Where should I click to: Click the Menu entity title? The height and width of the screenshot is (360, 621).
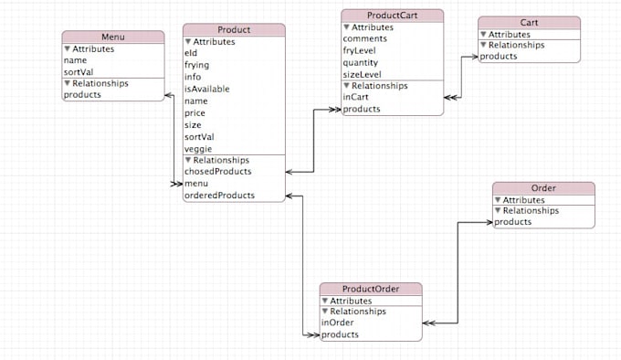pos(113,37)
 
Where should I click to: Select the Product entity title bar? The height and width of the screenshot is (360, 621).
pos(234,30)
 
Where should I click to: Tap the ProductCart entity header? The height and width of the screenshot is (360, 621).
pos(392,15)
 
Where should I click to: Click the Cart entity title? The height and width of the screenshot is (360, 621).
pos(528,22)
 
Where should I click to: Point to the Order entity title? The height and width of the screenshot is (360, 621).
pos(542,188)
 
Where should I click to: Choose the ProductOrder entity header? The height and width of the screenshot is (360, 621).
pos(371,289)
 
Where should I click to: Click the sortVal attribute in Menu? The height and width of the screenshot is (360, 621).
pos(79,71)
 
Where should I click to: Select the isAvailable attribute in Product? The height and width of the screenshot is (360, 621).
pos(206,90)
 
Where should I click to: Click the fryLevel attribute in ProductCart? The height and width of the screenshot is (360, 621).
pos(360,51)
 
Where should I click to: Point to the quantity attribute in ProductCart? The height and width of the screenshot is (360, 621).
pos(361,63)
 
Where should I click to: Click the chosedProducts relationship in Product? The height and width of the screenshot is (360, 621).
pos(217,172)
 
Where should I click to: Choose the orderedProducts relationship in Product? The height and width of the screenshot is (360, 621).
pos(219,196)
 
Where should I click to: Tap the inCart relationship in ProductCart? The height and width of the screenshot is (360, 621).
pos(356,98)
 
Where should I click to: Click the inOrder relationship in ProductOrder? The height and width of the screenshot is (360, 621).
pos(337,323)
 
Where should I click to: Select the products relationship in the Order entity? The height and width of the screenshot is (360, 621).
pos(513,222)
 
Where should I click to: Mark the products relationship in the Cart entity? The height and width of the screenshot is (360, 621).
pos(499,57)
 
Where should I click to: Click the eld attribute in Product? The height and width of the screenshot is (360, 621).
pos(191,54)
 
